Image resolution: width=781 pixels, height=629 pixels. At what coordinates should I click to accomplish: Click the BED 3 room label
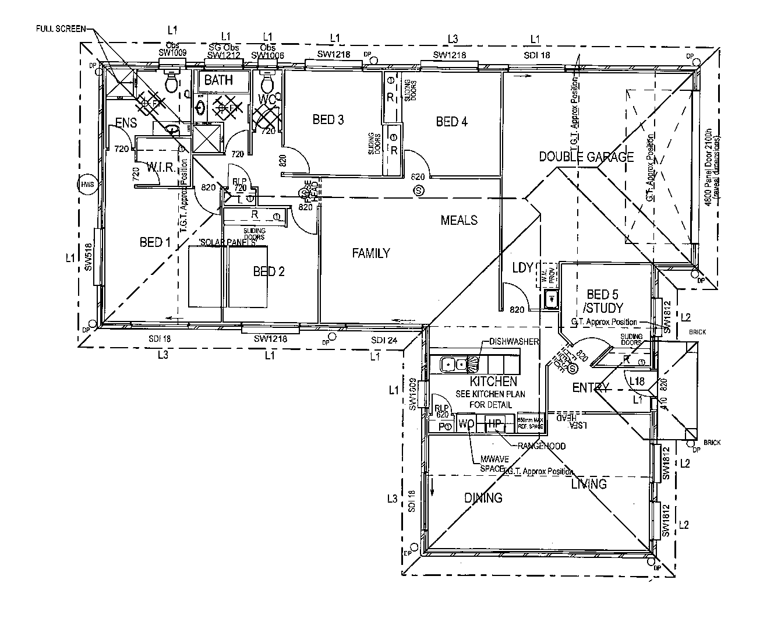pyautogui.click(x=328, y=120)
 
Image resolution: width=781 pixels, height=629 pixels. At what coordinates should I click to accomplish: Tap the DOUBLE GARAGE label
pyautogui.click(x=586, y=157)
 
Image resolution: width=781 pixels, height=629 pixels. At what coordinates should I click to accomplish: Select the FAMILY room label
pyautogui.click(x=371, y=253)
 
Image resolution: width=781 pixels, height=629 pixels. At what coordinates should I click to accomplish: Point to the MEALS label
pyautogui.click(x=459, y=220)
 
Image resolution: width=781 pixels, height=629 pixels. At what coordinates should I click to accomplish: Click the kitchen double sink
pyautogui.click(x=454, y=365)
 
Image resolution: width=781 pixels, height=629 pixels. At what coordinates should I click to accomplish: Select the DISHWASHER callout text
pyautogui.click(x=514, y=341)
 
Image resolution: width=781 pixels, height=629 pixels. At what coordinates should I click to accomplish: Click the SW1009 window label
pyautogui.click(x=172, y=52)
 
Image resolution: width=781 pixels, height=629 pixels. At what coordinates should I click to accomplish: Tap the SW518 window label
pyautogui.click(x=89, y=257)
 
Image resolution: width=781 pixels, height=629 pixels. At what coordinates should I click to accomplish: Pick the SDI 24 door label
pyautogui.click(x=384, y=341)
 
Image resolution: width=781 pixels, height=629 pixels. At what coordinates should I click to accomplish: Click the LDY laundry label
pyautogui.click(x=522, y=267)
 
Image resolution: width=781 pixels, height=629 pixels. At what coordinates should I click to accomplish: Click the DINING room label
pyautogui.click(x=483, y=498)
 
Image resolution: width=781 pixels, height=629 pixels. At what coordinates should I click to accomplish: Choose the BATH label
pyautogui.click(x=218, y=80)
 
